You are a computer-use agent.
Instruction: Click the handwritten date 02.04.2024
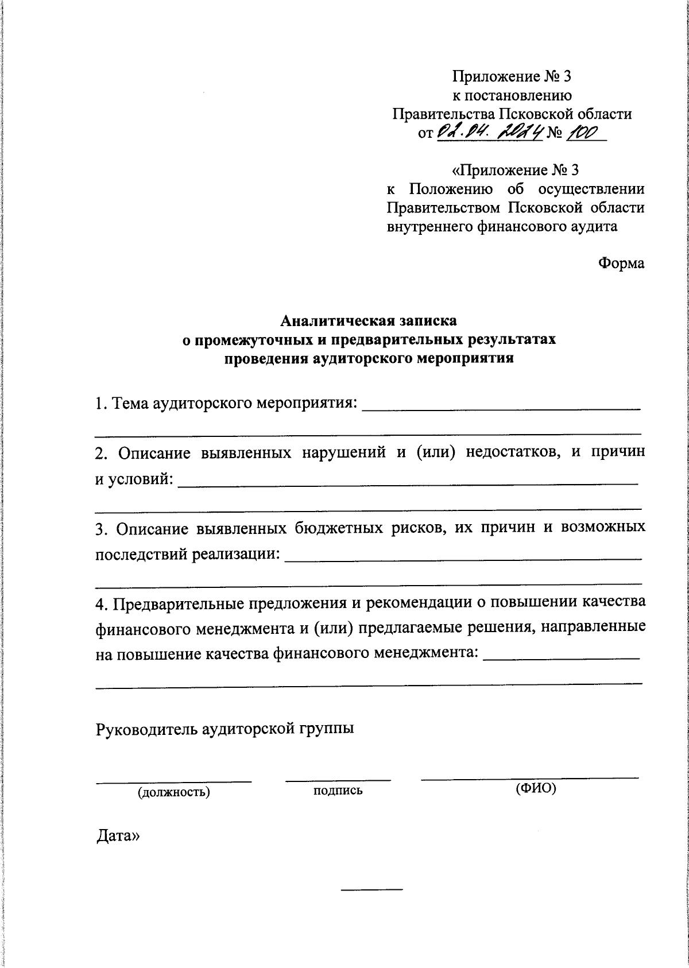[x=490, y=133]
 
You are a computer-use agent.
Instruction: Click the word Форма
[x=621, y=263]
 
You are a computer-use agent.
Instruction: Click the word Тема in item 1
[x=131, y=404]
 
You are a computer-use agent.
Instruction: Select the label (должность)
[x=173, y=793]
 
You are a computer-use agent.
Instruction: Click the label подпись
[x=338, y=791]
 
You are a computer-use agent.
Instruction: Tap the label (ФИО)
[x=536, y=788]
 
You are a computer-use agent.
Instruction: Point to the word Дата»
[x=118, y=837]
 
